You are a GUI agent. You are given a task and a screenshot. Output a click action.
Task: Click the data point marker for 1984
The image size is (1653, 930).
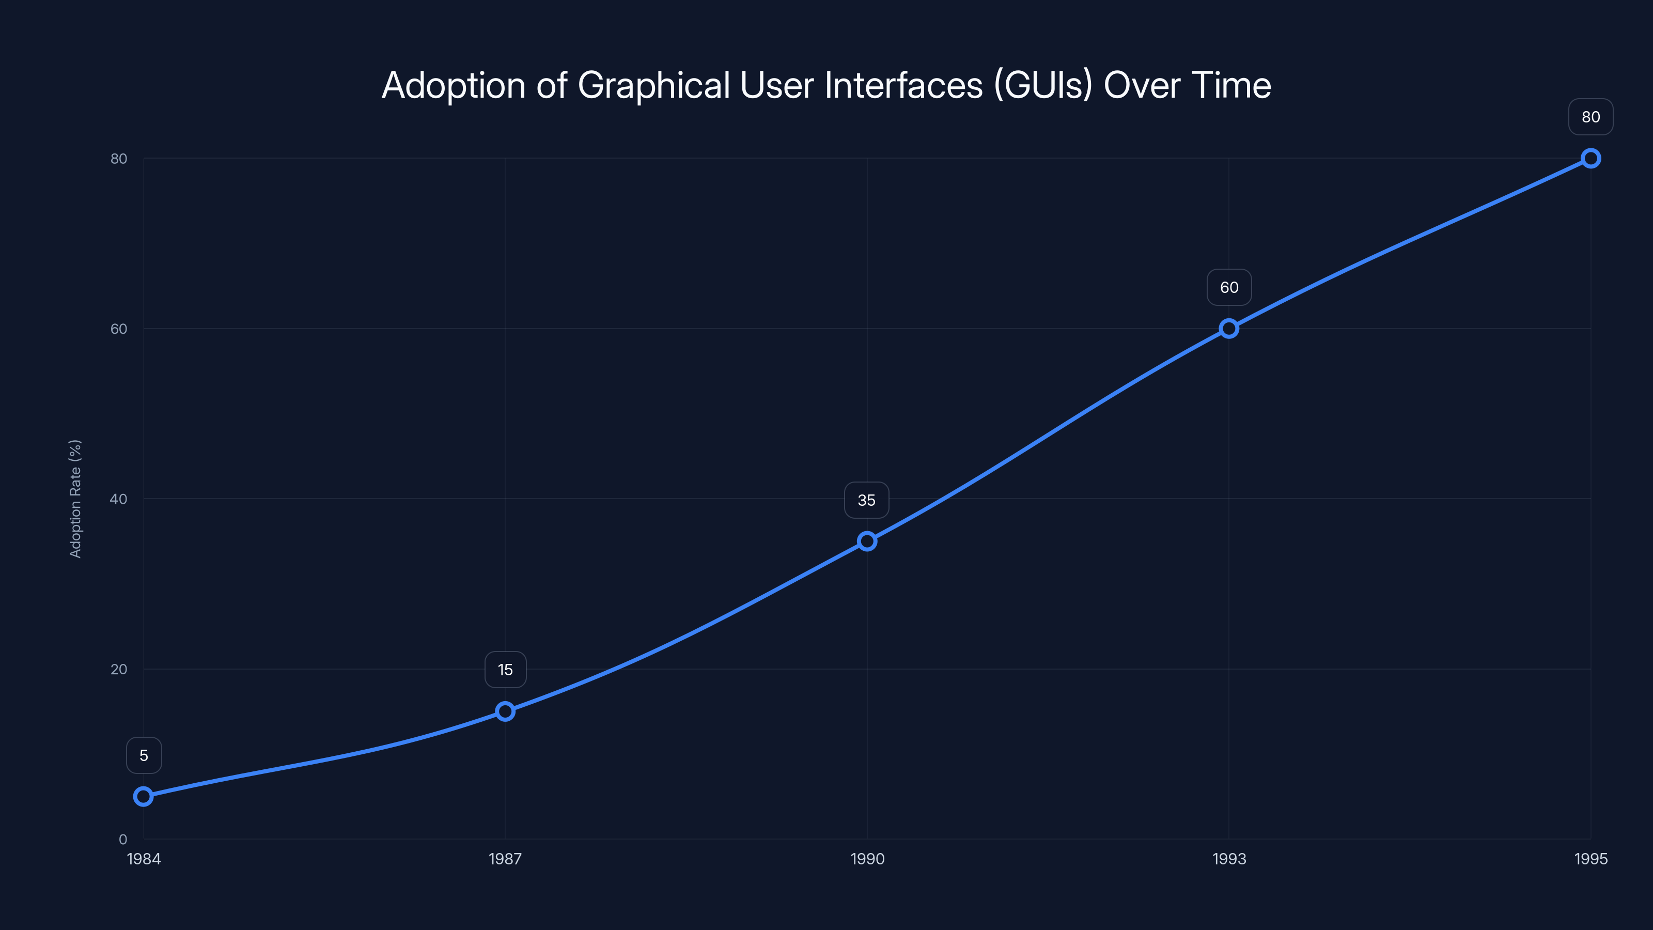[143, 797]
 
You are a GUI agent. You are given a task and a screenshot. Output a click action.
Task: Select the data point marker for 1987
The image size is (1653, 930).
[505, 711]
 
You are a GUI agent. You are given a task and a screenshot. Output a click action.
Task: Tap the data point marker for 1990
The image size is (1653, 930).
[867, 541]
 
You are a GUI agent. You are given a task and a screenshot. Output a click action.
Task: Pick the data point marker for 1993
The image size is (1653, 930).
[1229, 329]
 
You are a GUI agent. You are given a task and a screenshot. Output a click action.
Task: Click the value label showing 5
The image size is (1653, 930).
[144, 755]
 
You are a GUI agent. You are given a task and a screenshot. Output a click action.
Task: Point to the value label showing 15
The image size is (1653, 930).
[505, 670]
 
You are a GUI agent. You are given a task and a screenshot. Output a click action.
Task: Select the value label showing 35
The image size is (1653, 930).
[866, 500]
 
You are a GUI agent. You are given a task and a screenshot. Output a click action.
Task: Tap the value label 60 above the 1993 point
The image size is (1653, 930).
[1229, 288]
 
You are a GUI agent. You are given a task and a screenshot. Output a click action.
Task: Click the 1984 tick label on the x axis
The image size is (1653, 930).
[144, 859]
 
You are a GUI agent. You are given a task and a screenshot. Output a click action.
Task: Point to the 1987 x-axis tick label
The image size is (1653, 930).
[505, 859]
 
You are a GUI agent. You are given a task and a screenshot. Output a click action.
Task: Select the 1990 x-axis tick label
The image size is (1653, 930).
[867, 859]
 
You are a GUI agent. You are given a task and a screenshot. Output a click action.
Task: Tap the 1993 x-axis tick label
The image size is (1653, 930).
[1229, 859]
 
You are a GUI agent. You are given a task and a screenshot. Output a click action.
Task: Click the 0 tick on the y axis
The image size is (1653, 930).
[122, 840]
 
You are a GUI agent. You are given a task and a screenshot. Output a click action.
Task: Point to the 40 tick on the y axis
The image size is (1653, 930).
[119, 499]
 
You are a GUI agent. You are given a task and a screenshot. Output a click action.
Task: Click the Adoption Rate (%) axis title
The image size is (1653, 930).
[75, 499]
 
